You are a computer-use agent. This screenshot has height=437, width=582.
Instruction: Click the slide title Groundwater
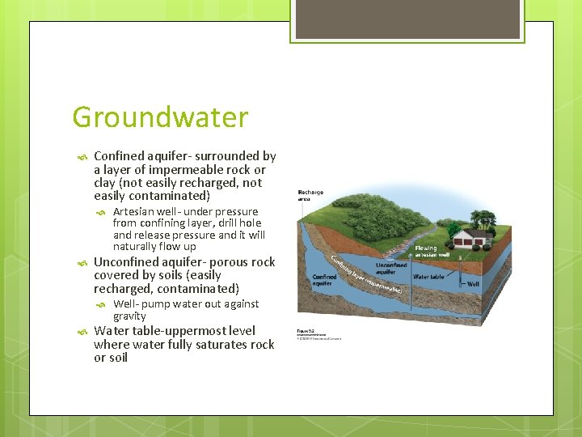tap(159, 118)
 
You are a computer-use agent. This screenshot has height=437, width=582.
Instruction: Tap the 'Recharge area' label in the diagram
tap(311, 195)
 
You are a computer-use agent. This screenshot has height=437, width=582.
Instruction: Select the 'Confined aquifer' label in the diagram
tap(323, 280)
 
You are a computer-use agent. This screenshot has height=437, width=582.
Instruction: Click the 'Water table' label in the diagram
tap(428, 277)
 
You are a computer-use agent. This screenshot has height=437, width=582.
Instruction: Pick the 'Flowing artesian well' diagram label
tap(426, 252)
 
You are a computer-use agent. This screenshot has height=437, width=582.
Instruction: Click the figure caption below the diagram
tap(319, 333)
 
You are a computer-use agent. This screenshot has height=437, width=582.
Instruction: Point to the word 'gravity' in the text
tap(129, 316)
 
